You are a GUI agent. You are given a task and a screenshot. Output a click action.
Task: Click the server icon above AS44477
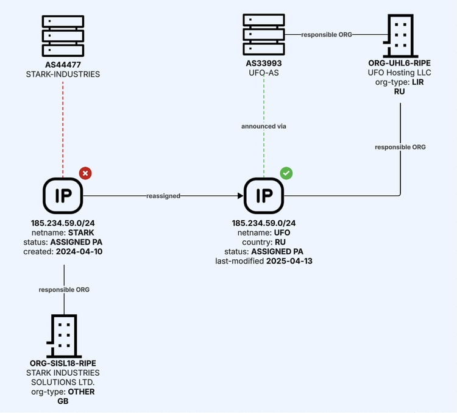63,36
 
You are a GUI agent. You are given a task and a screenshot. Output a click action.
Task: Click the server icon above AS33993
264,34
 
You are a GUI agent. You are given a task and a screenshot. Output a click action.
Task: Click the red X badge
85,174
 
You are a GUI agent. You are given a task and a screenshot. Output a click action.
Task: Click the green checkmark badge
286,173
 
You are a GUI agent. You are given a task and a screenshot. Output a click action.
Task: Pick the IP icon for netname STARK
63,196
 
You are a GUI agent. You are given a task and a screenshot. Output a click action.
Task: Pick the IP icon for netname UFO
264,196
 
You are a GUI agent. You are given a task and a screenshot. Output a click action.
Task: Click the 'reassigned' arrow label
163,196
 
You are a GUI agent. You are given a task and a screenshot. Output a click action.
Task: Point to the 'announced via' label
264,126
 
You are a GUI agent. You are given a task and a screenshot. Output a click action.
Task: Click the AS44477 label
63,65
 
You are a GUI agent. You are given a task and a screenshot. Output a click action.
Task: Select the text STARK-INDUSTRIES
63,74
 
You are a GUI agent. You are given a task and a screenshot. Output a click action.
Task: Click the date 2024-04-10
80,251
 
